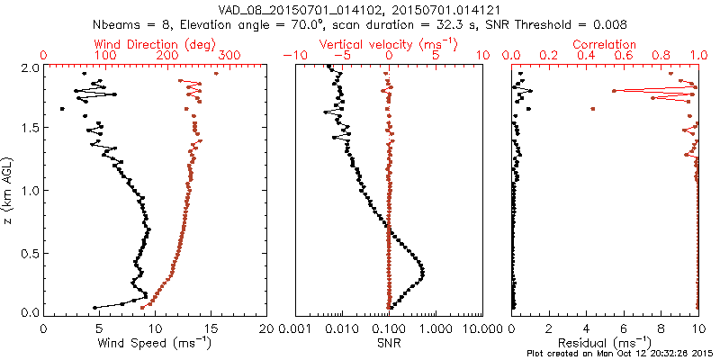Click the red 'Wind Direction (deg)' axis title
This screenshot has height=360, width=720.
point(157,44)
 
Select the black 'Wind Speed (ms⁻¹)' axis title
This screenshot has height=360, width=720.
point(155,342)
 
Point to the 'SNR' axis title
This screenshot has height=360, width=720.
point(388,342)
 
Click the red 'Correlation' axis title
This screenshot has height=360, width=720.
point(606,44)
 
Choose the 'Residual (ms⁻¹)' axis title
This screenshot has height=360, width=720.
point(605,342)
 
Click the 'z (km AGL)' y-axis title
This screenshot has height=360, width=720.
point(11,189)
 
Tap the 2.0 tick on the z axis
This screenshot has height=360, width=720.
point(30,67)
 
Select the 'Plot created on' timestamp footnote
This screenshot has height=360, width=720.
point(620,354)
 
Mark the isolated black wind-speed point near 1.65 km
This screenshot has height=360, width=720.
point(62,109)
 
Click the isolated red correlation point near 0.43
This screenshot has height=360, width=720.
point(593,109)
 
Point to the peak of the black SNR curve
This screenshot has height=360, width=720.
point(422,272)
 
